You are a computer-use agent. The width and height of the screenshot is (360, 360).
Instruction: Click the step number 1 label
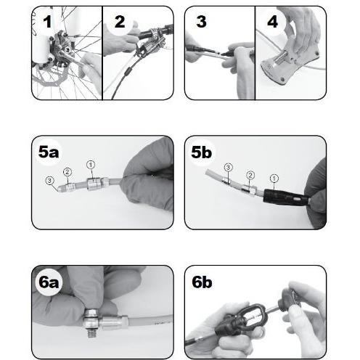[47, 22]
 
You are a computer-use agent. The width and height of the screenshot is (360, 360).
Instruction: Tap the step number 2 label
[120, 22]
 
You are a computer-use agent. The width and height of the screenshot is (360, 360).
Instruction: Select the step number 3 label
[202, 22]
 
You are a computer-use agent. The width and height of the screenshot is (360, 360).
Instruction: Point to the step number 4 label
[272, 22]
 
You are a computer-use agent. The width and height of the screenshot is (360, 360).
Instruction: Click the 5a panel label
[49, 152]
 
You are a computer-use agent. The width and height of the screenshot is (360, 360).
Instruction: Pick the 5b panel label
[202, 152]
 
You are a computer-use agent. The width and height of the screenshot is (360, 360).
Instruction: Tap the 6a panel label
[49, 282]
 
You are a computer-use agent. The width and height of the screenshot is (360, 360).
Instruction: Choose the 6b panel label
[202, 282]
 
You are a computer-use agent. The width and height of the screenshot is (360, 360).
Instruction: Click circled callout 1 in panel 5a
[91, 165]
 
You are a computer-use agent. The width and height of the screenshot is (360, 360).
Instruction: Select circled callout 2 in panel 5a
[67, 172]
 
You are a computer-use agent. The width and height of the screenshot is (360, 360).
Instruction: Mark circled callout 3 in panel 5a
[49, 181]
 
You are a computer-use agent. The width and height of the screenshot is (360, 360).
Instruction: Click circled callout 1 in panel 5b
[274, 179]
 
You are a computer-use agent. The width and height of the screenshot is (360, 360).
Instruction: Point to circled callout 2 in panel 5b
[250, 175]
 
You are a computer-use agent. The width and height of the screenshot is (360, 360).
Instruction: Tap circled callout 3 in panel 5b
[228, 167]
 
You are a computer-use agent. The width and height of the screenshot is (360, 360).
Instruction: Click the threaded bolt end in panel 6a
[91, 333]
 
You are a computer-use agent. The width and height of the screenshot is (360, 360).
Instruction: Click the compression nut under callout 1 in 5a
[94, 184]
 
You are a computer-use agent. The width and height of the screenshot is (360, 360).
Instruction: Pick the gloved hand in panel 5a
[149, 176]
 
